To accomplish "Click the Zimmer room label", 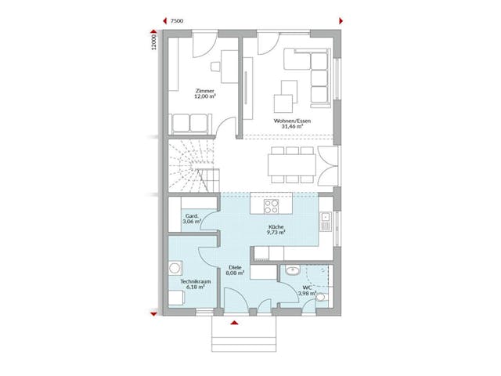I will (206, 92).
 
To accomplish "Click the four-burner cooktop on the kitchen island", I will (272, 207).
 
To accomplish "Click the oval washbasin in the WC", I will (290, 271).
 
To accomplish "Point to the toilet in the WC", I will (322, 297).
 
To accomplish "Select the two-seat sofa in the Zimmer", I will (189, 123).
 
